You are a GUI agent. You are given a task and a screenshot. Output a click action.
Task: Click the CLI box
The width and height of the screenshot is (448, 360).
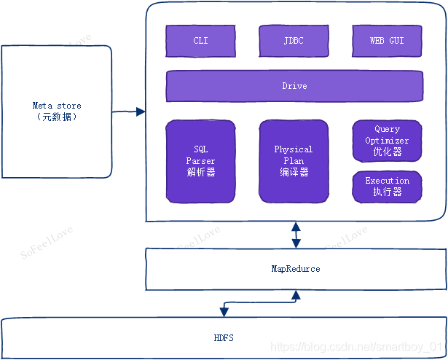coord(200,41)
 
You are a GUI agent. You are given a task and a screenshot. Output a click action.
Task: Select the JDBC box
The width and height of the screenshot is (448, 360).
coord(294,41)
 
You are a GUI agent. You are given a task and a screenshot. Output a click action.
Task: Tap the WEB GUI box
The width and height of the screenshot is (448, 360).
coord(387,41)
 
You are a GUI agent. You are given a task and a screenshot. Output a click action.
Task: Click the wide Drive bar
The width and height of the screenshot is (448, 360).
coord(294,86)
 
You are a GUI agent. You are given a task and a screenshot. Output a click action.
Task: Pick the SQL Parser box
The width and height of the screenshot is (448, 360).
coord(200,161)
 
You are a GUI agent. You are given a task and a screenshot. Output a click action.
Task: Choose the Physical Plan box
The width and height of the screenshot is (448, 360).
coord(294,161)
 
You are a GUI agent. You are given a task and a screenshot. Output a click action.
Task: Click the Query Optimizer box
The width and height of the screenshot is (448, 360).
coord(387,140)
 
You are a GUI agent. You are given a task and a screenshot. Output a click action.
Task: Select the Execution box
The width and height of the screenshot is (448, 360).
coord(387,187)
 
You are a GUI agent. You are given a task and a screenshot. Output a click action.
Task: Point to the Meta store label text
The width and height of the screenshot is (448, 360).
coord(57,106)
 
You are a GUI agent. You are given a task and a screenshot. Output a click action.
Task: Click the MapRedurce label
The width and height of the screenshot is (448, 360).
coord(295,269)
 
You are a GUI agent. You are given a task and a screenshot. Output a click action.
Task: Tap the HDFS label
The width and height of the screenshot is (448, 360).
coord(224,338)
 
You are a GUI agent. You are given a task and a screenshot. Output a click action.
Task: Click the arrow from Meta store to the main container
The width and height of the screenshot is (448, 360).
coord(128,111)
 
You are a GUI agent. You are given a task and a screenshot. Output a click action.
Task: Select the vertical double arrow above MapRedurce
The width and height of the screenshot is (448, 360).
coord(296,235)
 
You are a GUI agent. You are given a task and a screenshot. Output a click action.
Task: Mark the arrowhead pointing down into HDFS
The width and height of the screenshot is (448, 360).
coord(224,312)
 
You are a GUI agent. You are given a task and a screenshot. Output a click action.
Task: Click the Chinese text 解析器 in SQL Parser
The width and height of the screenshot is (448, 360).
coord(200,173)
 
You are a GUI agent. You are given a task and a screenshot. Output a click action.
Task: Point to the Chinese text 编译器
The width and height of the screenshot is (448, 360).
coord(294,173)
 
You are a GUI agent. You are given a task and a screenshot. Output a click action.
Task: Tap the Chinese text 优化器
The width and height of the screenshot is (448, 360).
coord(387,152)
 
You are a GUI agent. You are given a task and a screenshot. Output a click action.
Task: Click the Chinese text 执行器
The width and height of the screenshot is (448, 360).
coord(387,192)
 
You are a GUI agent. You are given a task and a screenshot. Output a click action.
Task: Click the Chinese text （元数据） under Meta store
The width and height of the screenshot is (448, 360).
coord(57,117)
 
